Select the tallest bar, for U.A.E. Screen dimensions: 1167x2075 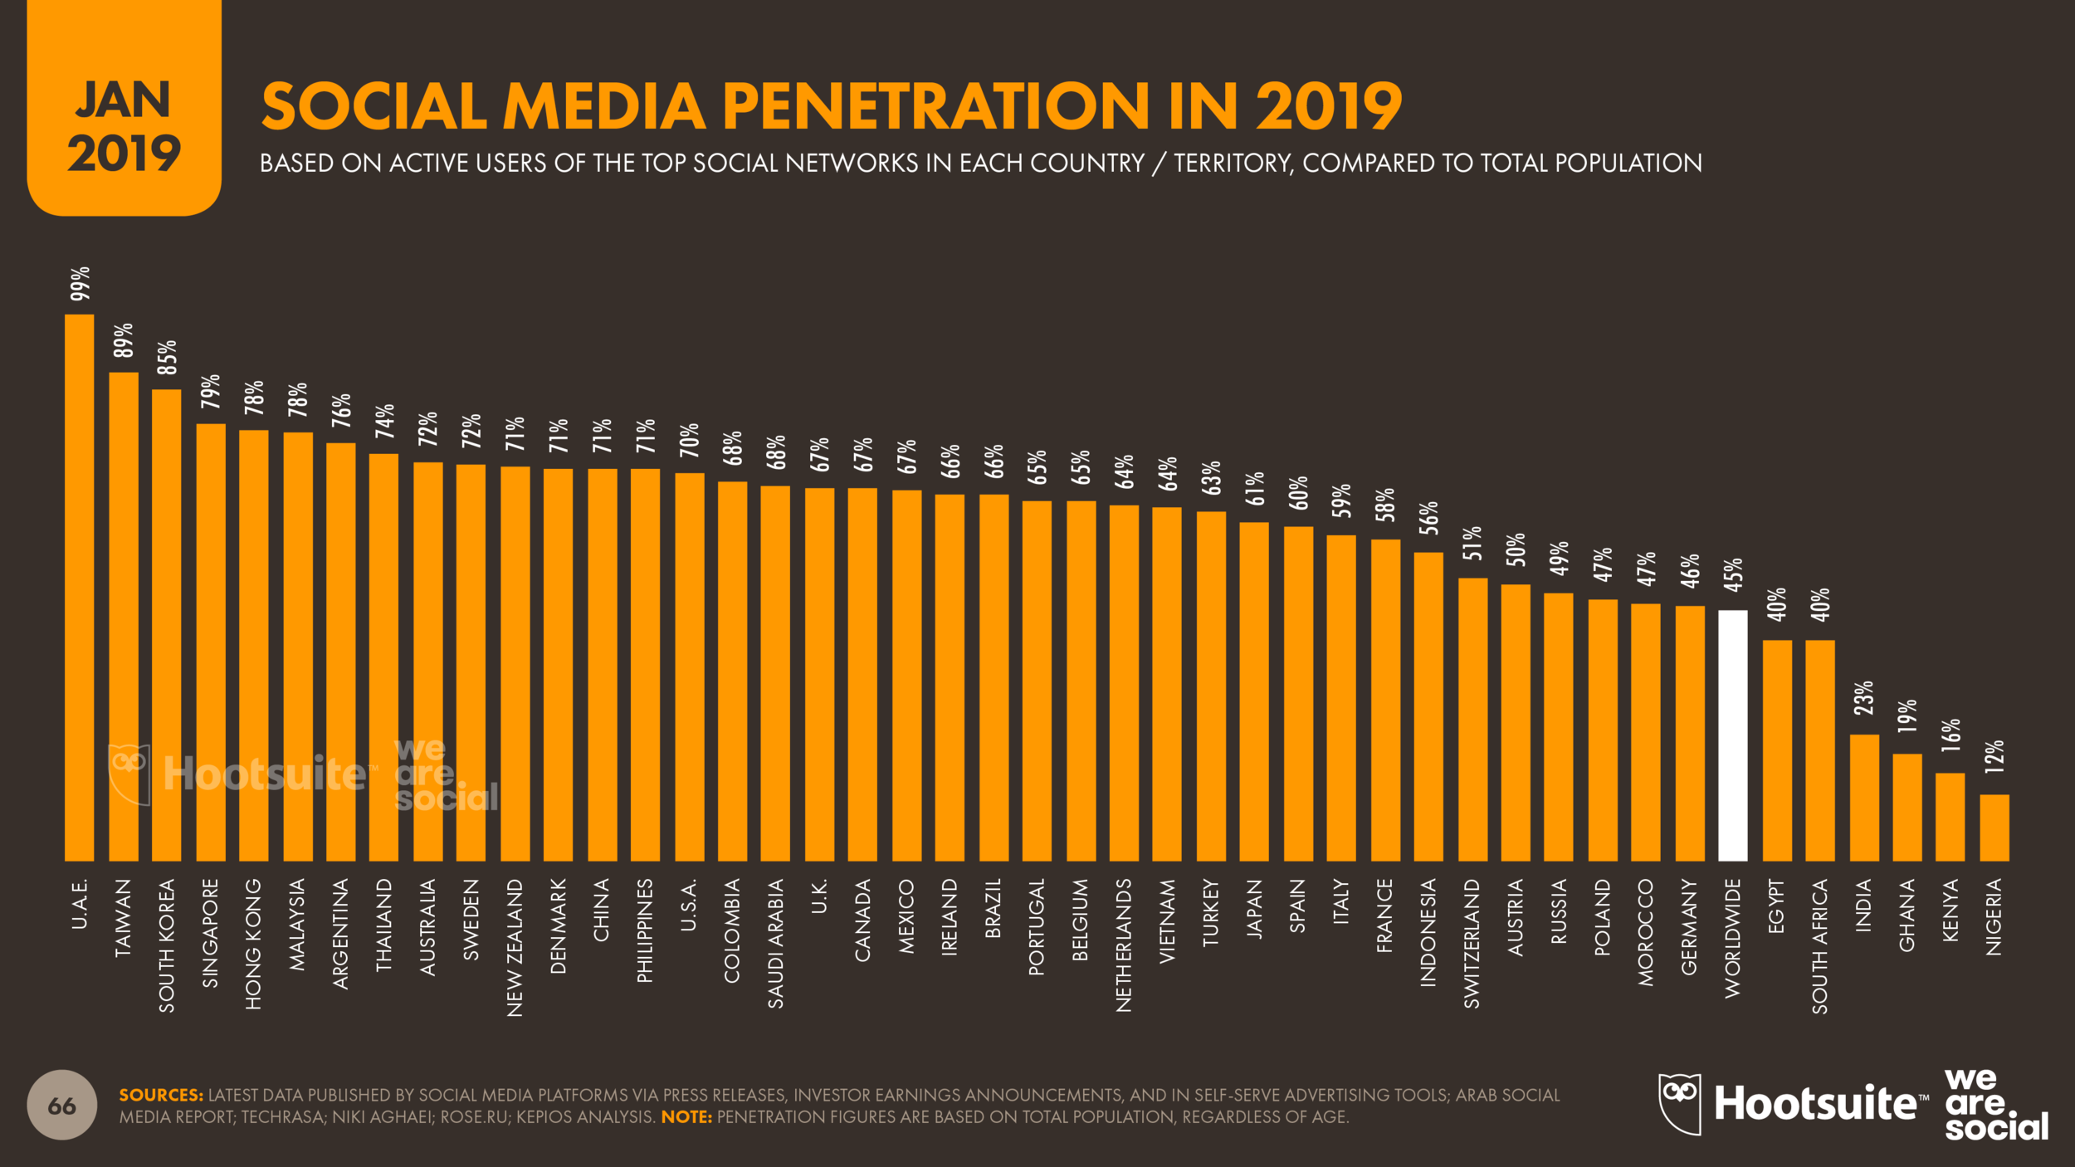(80, 588)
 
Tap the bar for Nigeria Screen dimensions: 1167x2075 (1994, 828)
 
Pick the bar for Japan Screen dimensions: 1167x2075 (1253, 691)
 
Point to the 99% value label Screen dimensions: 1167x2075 (80, 284)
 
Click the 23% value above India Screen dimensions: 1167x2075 (1863, 698)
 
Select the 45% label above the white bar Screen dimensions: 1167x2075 (1733, 575)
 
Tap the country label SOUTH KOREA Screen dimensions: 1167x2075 (167, 945)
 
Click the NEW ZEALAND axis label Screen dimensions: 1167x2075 (515, 947)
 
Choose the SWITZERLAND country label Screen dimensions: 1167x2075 (1472, 944)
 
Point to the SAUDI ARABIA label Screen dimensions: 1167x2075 (775, 944)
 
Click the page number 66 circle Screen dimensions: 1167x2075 (62, 1106)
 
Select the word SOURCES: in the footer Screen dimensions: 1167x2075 (161, 1096)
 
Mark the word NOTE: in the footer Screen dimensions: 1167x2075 (686, 1117)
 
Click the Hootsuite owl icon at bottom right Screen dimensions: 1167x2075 (1678, 1103)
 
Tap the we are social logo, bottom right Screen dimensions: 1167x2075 (1995, 1105)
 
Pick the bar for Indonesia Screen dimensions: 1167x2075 (1428, 706)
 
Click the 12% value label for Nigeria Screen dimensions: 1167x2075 (1994, 757)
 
